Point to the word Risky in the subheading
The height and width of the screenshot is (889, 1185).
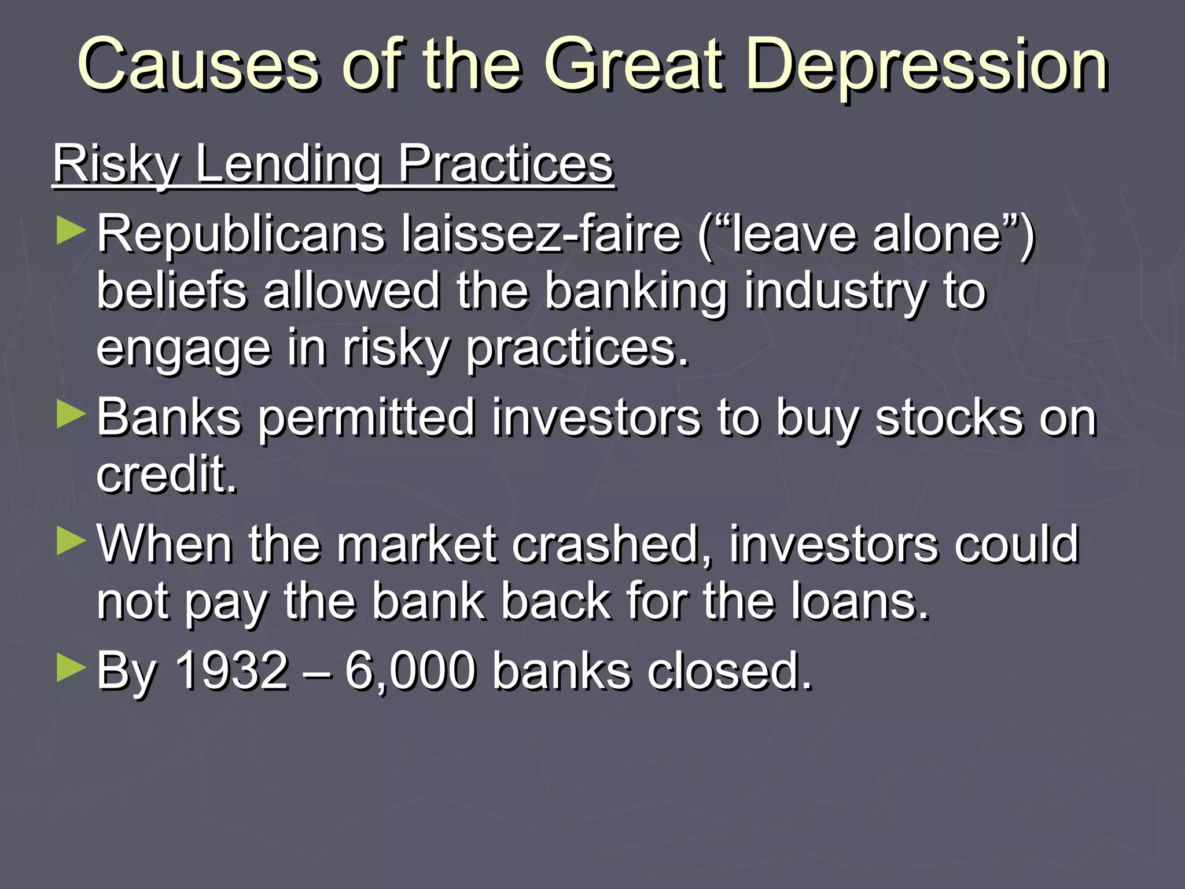pos(116,164)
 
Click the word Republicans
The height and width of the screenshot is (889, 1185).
pos(241,234)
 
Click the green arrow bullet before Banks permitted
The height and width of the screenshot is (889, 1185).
pos(71,415)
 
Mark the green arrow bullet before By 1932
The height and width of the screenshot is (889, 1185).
pos(71,668)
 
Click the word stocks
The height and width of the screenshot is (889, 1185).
pos(949,418)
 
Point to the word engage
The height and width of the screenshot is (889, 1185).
pos(183,350)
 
